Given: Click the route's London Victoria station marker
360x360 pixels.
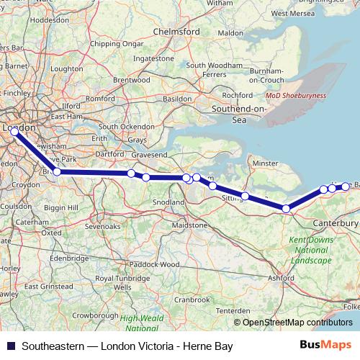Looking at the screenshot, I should [x=14, y=132].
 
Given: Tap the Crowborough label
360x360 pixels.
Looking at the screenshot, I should [x=94, y=315].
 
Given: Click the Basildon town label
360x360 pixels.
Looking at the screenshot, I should [x=178, y=98].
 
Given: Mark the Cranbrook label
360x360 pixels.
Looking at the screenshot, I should [x=191, y=299].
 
